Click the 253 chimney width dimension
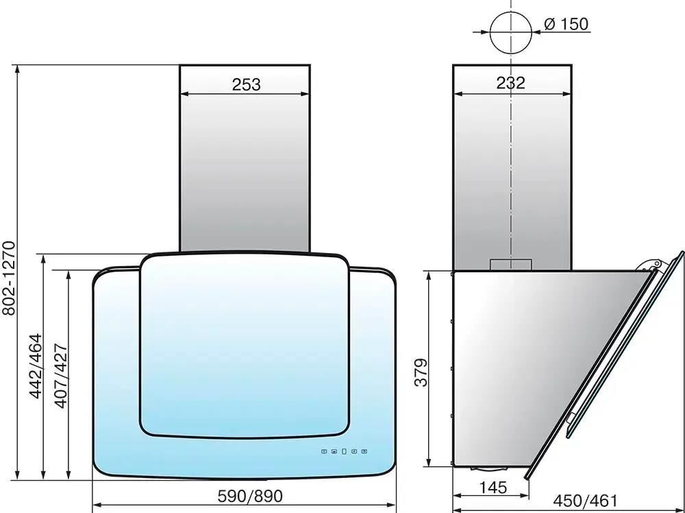tap(246, 84)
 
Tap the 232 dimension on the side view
tap(511, 83)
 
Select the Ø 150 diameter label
tap(566, 24)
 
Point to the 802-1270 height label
tap(9, 278)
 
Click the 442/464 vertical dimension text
tap(36, 366)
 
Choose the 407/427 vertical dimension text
tap(61, 376)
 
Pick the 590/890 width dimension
tap(250, 496)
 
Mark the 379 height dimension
tap(421, 372)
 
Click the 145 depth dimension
tap(493, 487)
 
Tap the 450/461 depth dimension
tap(586, 501)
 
